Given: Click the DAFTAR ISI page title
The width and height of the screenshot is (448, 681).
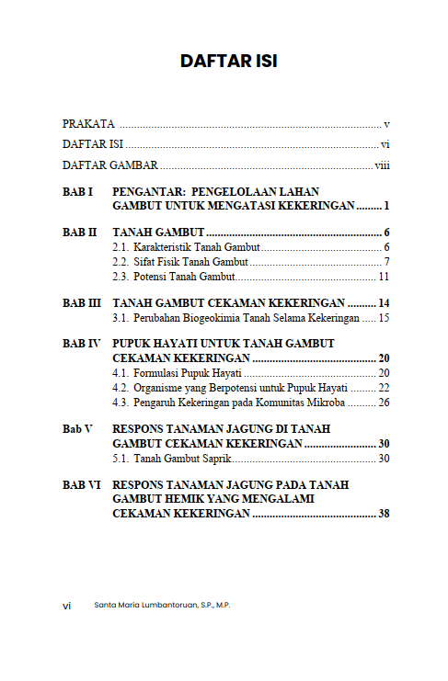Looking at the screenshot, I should [x=229, y=62].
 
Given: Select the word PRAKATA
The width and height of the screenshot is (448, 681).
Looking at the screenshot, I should [x=88, y=123].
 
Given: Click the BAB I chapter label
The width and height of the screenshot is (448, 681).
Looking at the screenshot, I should [x=78, y=191].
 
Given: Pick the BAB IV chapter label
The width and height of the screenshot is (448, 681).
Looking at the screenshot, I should [x=81, y=344].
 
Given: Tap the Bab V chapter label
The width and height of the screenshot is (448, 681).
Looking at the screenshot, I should [x=77, y=429].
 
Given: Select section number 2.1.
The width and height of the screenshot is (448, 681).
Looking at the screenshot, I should [x=121, y=248].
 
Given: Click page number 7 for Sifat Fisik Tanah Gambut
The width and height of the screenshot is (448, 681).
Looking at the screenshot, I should [x=387, y=263].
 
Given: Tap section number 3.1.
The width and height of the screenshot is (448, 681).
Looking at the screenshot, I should [x=121, y=318].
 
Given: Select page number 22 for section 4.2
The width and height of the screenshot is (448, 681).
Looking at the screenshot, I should [x=384, y=388].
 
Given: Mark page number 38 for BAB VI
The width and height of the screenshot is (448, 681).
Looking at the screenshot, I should [x=384, y=514].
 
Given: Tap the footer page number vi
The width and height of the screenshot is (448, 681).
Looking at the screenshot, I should [x=66, y=606].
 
